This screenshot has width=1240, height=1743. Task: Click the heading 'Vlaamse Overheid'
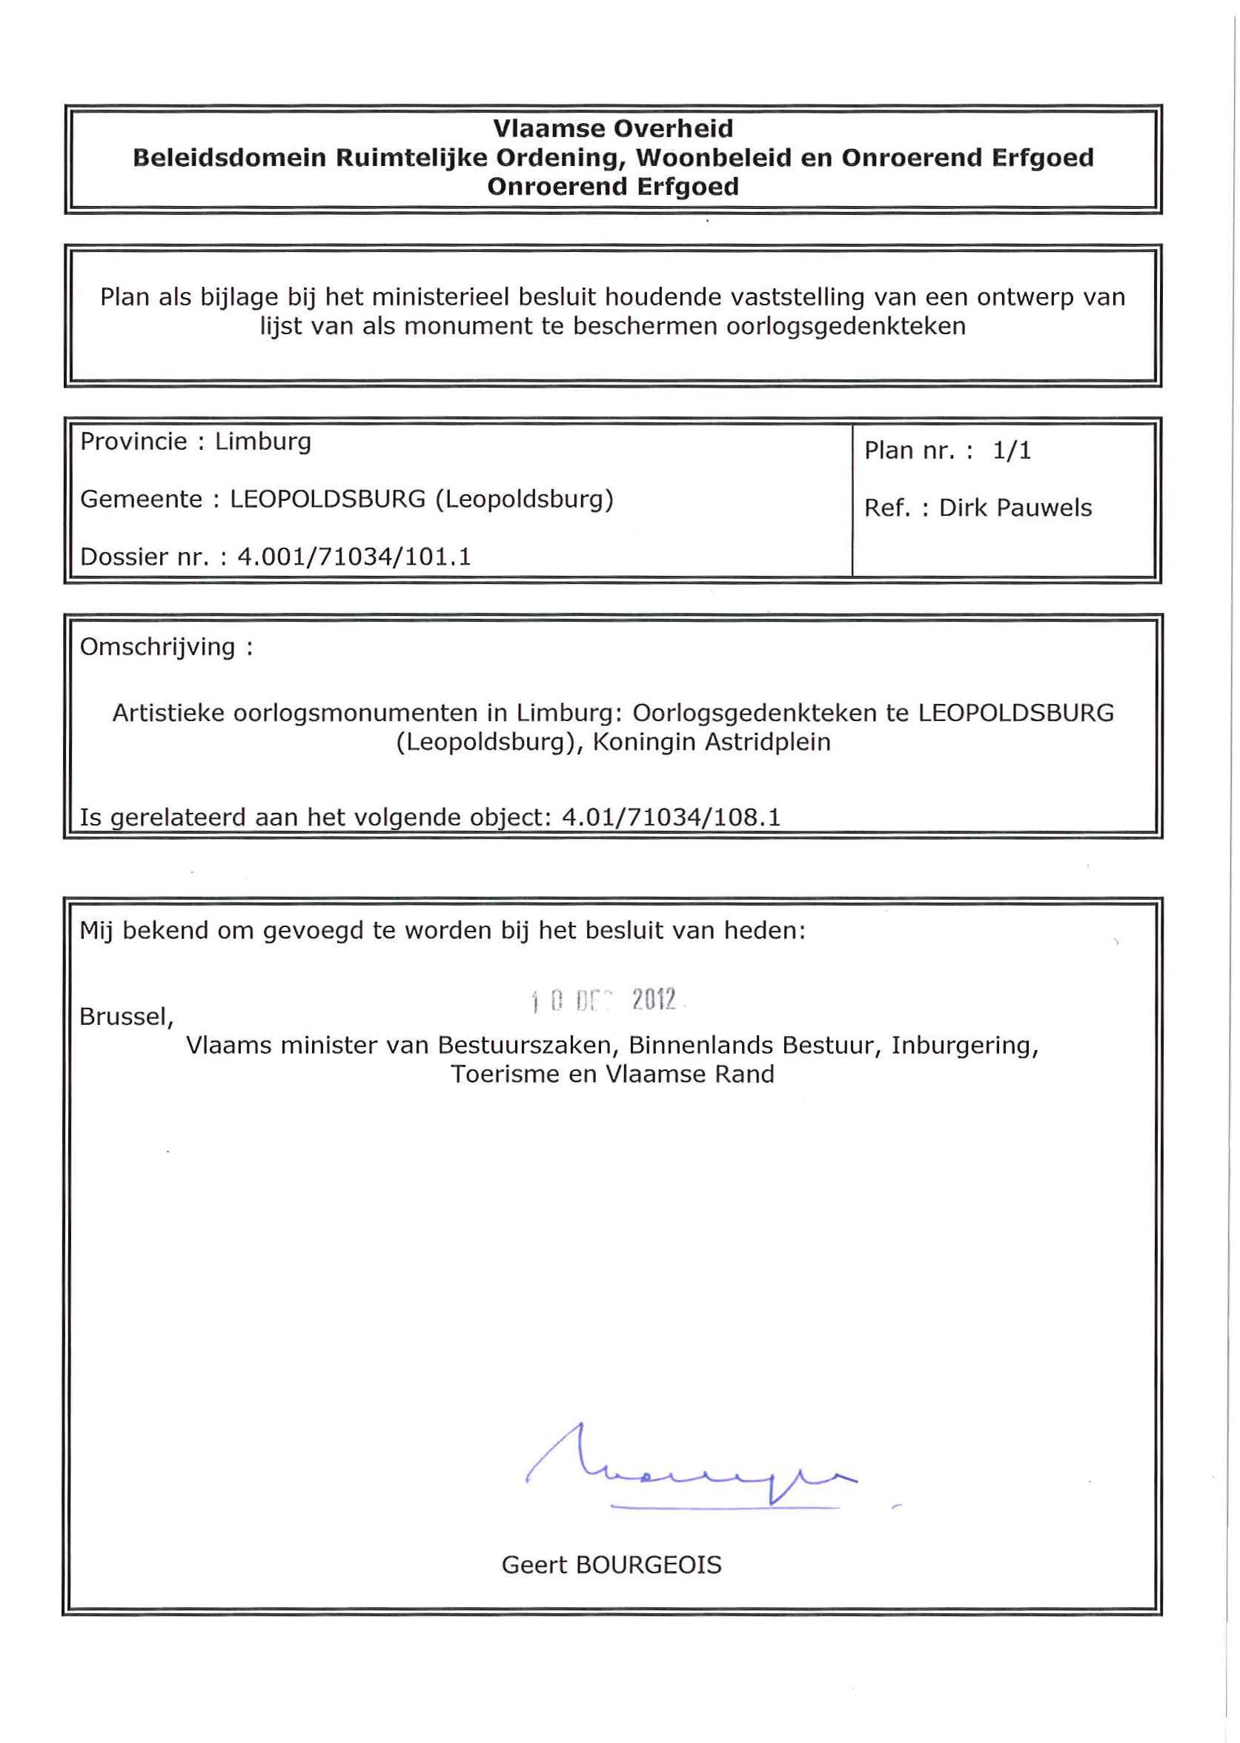coord(612,128)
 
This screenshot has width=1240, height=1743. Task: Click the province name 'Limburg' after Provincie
coord(262,441)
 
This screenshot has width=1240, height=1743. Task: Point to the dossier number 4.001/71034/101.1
coord(354,557)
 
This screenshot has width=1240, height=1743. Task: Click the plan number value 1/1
coord(1012,451)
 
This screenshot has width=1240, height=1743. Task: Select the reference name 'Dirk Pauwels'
coord(1015,508)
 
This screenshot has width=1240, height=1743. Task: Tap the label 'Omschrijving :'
coord(166,647)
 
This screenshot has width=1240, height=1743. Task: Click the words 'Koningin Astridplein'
coord(712,742)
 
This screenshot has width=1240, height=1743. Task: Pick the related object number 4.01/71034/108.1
coord(672,817)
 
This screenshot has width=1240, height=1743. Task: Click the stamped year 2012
coord(654,1000)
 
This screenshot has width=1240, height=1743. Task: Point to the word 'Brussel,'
coord(127,1016)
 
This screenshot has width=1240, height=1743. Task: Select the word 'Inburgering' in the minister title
coord(964,1044)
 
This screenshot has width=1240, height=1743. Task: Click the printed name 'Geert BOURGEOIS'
coord(611,1565)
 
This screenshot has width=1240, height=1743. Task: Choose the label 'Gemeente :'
coord(150,499)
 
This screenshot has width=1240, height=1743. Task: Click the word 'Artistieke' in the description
coord(168,713)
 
